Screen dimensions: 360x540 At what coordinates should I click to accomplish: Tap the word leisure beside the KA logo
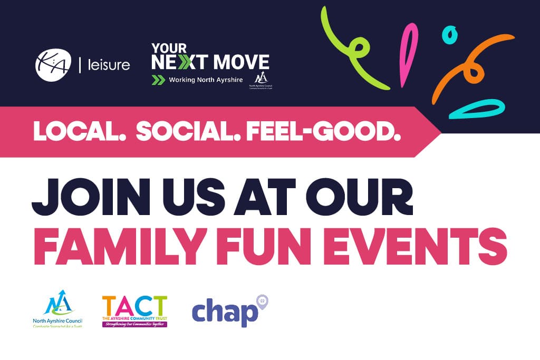point(108,65)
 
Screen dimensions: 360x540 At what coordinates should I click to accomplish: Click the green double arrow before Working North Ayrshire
point(158,80)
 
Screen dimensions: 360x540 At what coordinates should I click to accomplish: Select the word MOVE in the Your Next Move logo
point(240,62)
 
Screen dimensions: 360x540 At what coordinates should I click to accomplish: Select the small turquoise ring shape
point(448,36)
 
